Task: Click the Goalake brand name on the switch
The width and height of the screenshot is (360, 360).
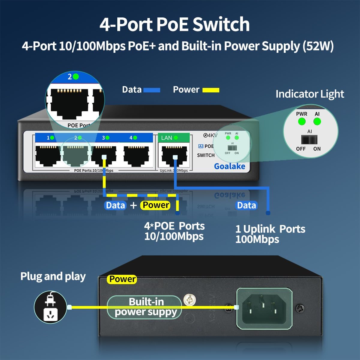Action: point(229,166)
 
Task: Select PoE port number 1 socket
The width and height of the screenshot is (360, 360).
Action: point(48,155)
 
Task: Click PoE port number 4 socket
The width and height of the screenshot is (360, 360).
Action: point(136,155)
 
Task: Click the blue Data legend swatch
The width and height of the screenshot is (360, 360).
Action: point(152,90)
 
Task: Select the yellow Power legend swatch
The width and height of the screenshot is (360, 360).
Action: point(211,90)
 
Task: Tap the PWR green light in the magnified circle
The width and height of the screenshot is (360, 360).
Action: point(301,121)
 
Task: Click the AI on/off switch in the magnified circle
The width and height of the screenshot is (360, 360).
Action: point(309,140)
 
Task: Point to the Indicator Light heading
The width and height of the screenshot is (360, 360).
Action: point(310,94)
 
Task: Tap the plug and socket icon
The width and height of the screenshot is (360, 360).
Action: point(50,307)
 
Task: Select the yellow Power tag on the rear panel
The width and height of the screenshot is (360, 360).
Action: point(122,279)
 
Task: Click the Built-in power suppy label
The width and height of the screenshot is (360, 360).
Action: point(146,307)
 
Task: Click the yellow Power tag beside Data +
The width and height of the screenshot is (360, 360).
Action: point(156,205)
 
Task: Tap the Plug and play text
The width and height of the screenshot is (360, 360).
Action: point(53,276)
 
